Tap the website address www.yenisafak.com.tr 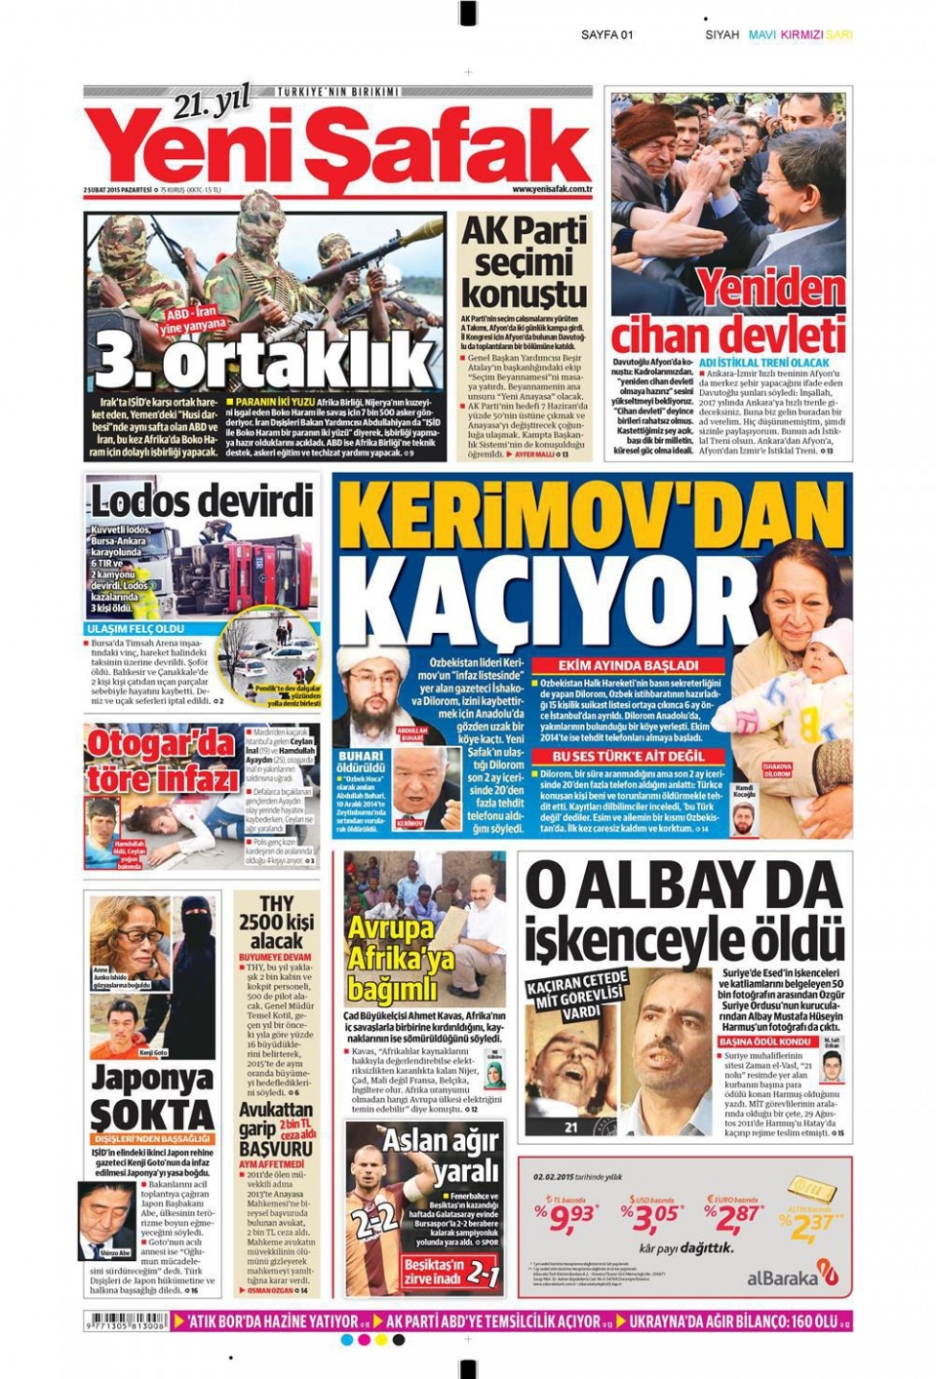(553, 190)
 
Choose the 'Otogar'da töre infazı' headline (162, 761)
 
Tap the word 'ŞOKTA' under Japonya (151, 1115)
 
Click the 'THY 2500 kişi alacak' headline (277, 923)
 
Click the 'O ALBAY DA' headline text (683, 886)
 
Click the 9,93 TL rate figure (569, 1218)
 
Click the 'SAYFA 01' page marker (606, 35)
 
